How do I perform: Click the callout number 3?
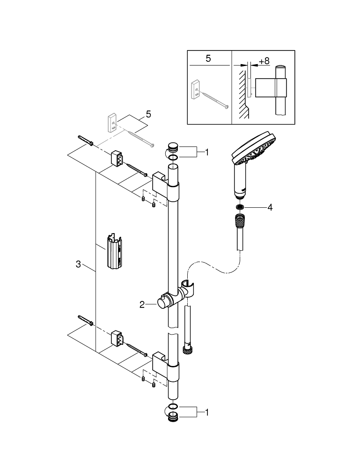click(78, 264)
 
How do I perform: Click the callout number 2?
click(142, 305)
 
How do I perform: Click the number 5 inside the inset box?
click(208, 58)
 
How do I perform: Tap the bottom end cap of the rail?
click(173, 418)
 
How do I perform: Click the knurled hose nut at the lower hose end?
click(187, 350)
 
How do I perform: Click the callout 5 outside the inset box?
click(148, 114)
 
